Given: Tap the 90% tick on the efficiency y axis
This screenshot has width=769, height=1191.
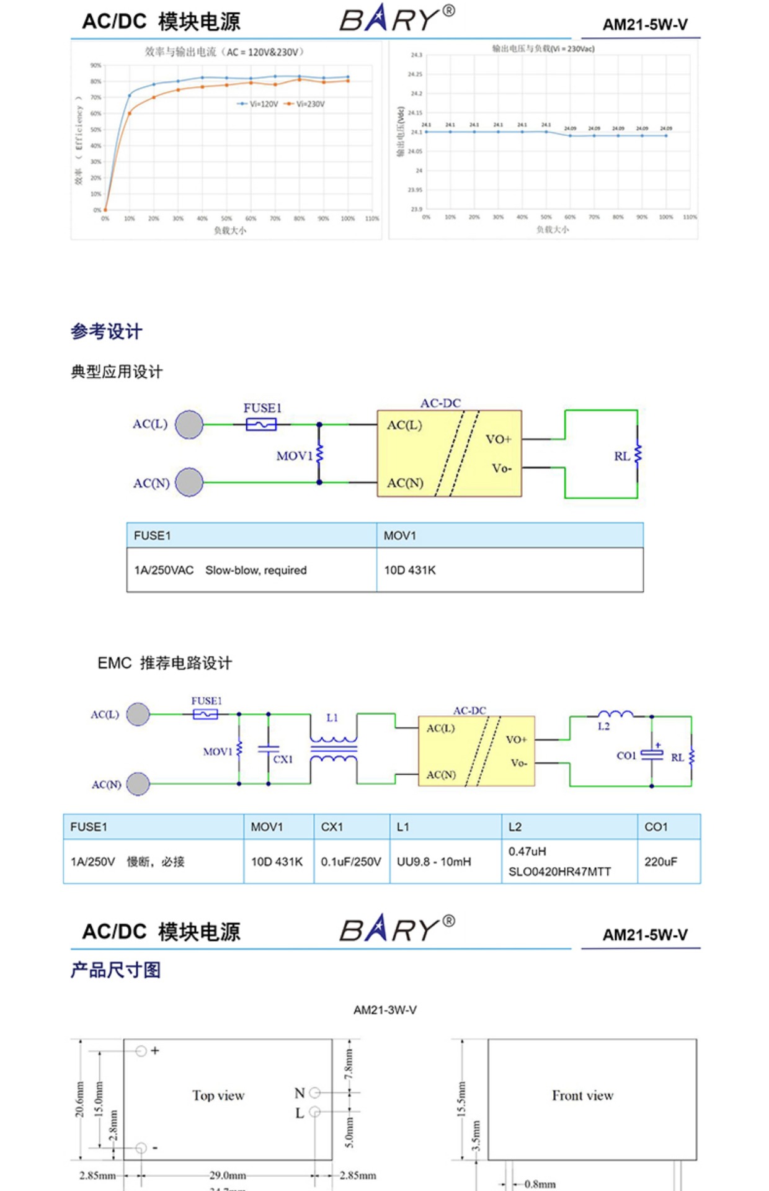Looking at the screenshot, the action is (96, 65).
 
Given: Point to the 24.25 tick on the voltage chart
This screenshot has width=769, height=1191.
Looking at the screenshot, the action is (414, 74).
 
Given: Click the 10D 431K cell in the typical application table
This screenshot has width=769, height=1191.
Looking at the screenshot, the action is (410, 570).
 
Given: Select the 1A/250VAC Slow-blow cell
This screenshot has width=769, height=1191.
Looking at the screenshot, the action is (220, 570).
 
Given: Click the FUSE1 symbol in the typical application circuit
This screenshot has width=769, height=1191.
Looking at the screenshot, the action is (261, 424).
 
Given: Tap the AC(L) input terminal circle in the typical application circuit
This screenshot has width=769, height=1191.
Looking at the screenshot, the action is (189, 424).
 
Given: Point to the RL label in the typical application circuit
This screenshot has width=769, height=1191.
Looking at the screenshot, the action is (621, 457).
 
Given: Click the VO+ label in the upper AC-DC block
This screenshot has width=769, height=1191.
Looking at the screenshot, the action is (499, 439).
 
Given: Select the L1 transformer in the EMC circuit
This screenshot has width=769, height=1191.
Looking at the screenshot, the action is (333, 749).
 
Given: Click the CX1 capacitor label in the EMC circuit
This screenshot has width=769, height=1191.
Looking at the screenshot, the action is (283, 759).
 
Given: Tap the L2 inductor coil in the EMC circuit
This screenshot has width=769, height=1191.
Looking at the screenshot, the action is (615, 715).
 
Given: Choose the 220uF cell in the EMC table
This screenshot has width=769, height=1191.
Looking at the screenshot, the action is (660, 862).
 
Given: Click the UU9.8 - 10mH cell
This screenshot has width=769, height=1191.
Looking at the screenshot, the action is (434, 862).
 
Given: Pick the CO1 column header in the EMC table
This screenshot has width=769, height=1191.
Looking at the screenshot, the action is (656, 827).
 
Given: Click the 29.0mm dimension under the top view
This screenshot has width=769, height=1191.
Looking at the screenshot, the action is (228, 1175).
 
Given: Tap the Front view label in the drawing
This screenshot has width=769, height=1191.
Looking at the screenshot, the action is (583, 1096).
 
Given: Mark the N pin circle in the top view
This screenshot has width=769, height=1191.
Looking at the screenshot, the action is (315, 1092).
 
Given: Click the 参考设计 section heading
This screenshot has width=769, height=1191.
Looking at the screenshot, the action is (107, 331).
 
